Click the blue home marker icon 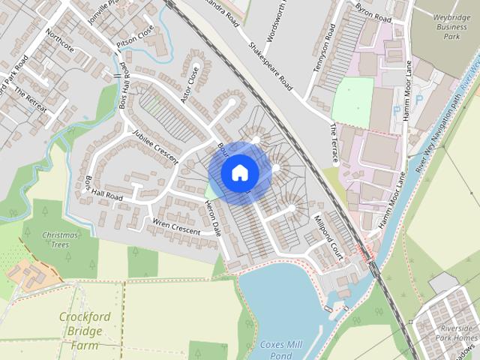pos(240,172)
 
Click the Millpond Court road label pos(328,236)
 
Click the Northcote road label pos(59,46)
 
